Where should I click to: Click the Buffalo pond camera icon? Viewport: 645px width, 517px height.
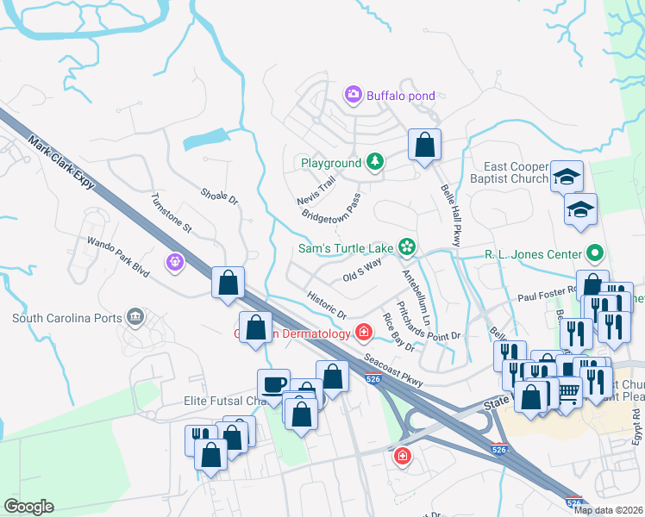click(x=353, y=95)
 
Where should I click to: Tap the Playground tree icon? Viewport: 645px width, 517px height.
click(x=375, y=162)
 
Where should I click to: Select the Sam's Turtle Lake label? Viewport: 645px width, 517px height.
click(x=346, y=249)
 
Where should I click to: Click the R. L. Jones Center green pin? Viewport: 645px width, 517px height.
click(x=594, y=253)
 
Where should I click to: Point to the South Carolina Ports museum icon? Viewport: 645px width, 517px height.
click(x=135, y=318)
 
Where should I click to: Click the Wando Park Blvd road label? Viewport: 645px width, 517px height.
click(x=117, y=256)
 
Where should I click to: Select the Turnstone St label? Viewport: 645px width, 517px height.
click(x=171, y=213)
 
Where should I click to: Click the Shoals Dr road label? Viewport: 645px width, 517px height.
click(x=218, y=196)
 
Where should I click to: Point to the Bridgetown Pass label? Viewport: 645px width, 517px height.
click(x=330, y=209)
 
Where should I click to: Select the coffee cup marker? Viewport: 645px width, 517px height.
click(x=274, y=384)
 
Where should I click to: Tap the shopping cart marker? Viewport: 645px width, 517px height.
click(x=567, y=393)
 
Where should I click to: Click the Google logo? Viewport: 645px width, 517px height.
click(x=28, y=507)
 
